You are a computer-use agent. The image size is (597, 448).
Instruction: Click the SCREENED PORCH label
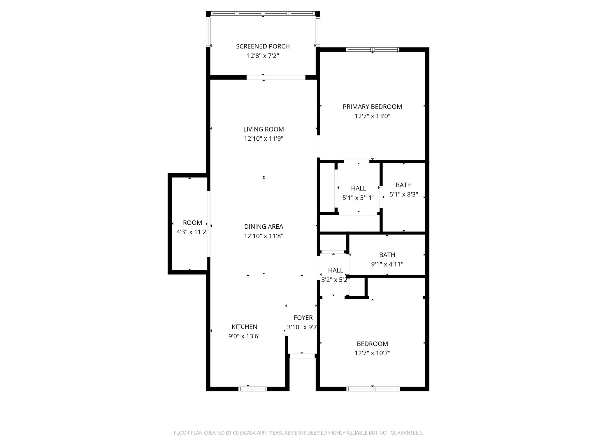click(263, 46)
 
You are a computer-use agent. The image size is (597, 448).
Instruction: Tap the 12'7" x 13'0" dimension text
click(372, 116)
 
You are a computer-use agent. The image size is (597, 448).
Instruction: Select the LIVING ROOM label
click(264, 129)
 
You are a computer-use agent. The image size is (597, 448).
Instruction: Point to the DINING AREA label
click(264, 227)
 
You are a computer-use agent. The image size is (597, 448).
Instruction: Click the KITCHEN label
click(244, 327)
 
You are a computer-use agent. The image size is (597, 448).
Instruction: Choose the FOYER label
click(303, 318)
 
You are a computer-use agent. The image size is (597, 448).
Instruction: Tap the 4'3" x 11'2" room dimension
click(192, 232)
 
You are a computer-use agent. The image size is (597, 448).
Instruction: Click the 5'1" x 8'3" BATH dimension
click(404, 194)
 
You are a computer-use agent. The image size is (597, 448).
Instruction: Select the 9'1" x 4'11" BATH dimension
click(387, 264)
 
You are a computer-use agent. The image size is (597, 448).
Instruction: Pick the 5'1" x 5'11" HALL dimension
click(358, 198)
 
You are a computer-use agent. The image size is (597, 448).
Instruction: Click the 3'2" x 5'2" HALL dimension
click(335, 280)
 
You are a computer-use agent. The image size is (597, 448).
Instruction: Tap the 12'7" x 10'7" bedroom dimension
click(372, 353)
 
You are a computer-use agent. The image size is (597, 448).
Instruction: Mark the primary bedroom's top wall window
click(372, 50)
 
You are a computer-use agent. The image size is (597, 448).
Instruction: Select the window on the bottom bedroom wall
click(373, 389)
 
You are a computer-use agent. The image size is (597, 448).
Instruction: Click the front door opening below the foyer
click(302, 356)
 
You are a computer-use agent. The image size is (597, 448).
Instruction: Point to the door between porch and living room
click(276, 77)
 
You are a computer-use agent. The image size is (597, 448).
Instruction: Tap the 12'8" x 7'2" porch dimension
click(263, 56)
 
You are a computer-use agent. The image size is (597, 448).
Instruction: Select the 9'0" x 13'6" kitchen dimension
click(244, 336)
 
